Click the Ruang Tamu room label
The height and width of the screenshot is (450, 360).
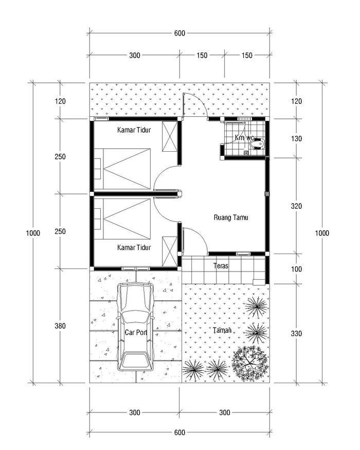coord(231,217)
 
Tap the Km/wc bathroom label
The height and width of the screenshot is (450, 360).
coord(244,137)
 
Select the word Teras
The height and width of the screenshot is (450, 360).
coord(221,265)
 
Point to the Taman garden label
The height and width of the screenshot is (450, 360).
coord(222,330)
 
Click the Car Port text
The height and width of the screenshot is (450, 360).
coord(136,332)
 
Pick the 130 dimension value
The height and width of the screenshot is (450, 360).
coord(296,139)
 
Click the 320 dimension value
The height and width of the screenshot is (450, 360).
coord(296,206)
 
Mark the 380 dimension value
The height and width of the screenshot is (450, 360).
coord(60,326)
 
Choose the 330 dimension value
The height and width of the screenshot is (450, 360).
coord(296,333)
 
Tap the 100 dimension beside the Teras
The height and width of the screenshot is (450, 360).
coord(296,269)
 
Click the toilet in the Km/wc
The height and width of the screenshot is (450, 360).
coord(257,143)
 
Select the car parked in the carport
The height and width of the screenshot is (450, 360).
coord(135,326)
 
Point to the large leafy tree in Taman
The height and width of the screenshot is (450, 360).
coord(250,364)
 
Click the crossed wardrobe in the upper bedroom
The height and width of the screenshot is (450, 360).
coord(170,136)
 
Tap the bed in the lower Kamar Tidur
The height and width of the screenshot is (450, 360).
coord(122,219)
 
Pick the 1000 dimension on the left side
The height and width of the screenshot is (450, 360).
coord(33,233)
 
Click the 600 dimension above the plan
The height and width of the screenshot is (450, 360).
coord(179,33)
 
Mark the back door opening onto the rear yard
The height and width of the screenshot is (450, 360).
coord(195,105)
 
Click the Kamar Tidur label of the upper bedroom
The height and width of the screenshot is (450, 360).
coord(134,130)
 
